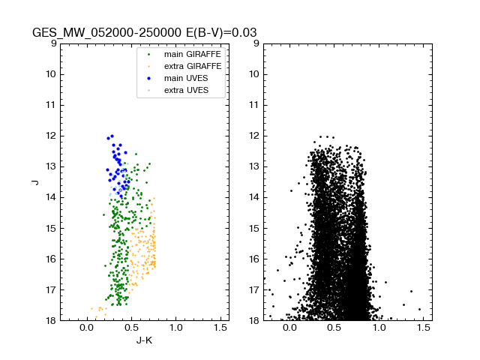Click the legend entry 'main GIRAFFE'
pyautogui.click(x=187, y=54)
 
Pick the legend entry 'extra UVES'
pyautogui.click(x=184, y=90)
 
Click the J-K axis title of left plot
pyautogui.click(x=144, y=340)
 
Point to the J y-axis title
pyautogui.click(x=34, y=181)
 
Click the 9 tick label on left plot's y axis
pyautogui.click(x=53, y=43)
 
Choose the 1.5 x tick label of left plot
pyautogui.click(x=220, y=328)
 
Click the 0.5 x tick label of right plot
pyautogui.click(x=334, y=328)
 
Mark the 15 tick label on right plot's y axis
pyautogui.click(x=254, y=228)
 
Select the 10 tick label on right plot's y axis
pyautogui.click(x=254, y=74)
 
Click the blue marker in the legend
pyautogui.click(x=149, y=78)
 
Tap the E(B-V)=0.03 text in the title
pyautogui.click(x=222, y=33)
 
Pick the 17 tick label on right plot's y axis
pyautogui.click(x=254, y=290)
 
